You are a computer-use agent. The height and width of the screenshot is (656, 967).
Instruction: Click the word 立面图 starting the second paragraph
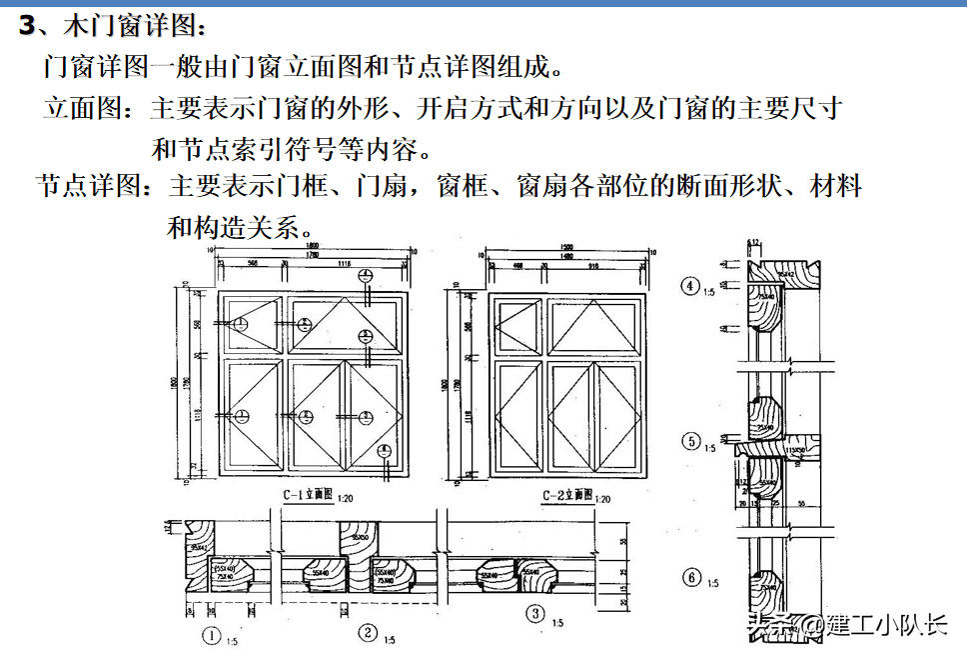pyautogui.click(x=82, y=108)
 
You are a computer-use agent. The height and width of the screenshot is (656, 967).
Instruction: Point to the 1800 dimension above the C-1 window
pyautogui.click(x=313, y=245)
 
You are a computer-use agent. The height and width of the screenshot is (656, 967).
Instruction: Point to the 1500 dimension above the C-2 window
pyautogui.click(x=565, y=246)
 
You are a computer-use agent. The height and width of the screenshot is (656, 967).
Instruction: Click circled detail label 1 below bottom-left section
pyautogui.click(x=211, y=632)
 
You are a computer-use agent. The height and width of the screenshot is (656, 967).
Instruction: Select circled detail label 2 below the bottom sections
pyautogui.click(x=368, y=632)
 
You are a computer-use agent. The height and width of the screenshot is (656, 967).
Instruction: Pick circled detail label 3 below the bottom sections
pyautogui.click(x=536, y=613)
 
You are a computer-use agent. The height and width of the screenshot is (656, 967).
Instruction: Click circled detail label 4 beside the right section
pyautogui.click(x=690, y=286)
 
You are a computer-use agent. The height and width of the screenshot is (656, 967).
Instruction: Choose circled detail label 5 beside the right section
pyautogui.click(x=690, y=440)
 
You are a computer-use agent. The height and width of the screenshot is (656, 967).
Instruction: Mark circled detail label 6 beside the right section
pyautogui.click(x=690, y=576)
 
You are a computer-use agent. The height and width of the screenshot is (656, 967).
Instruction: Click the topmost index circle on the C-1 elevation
pyautogui.click(x=367, y=276)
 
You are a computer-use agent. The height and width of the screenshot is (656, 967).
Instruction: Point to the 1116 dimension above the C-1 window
pyautogui.click(x=345, y=263)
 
